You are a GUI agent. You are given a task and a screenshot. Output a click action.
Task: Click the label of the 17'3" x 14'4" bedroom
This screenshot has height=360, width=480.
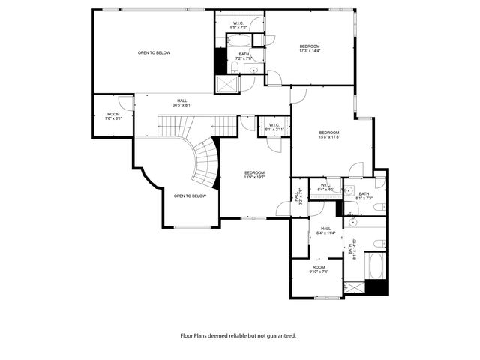click(x=310, y=49)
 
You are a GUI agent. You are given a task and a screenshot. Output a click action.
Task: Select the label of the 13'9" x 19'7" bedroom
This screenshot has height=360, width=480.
click(x=254, y=175)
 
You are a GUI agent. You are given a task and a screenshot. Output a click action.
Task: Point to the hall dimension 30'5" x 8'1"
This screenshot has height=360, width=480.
click(x=182, y=105)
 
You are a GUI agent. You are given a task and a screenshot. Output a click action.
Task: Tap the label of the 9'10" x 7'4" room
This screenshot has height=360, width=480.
click(x=319, y=270)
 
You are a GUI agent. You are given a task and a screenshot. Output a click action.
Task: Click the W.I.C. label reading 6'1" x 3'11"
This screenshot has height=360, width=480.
click(x=274, y=127)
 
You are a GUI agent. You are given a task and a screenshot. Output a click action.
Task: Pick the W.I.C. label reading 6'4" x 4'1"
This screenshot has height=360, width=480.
click(x=326, y=187)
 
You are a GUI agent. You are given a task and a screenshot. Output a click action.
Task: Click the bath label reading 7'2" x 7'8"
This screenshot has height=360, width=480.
click(x=244, y=56)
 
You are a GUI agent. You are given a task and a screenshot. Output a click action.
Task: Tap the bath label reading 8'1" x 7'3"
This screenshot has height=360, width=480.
click(x=364, y=196)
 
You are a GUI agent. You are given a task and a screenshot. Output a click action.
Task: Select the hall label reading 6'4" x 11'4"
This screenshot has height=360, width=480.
click(x=325, y=231)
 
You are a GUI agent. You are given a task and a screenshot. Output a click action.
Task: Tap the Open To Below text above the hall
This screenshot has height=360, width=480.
click(x=154, y=52)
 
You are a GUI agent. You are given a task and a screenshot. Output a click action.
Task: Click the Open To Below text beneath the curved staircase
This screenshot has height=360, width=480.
click(x=190, y=196)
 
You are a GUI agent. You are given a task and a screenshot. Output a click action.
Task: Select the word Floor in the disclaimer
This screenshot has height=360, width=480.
click(x=187, y=335)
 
